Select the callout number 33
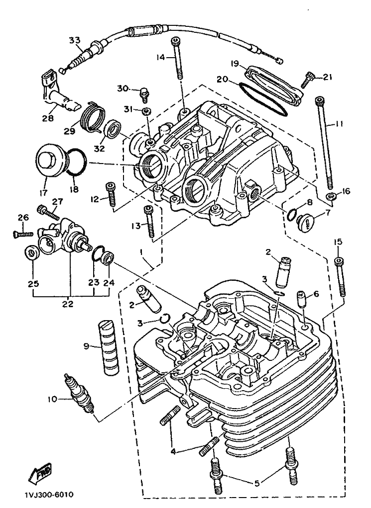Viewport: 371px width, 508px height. pos(74,40)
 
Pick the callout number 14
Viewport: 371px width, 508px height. pos(160,58)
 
